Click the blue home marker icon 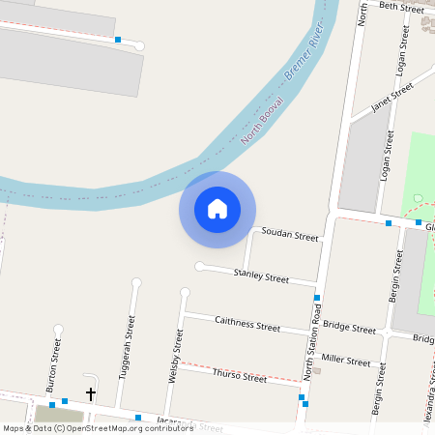[217, 209]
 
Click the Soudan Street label [290, 236]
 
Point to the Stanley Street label [261, 277]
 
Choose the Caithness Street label [246, 324]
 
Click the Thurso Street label [239, 375]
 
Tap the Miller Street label [345, 361]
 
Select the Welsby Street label [175, 356]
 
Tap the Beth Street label [401, 8]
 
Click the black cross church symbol [91, 394]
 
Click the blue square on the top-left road [118, 40]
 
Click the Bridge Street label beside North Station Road [349, 329]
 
